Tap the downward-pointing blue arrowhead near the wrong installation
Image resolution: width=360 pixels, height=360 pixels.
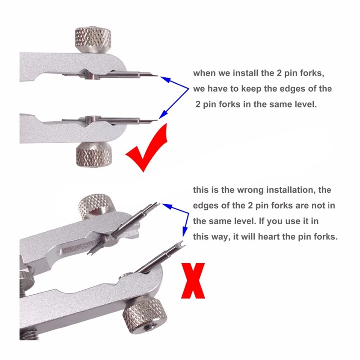click(184, 232)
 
